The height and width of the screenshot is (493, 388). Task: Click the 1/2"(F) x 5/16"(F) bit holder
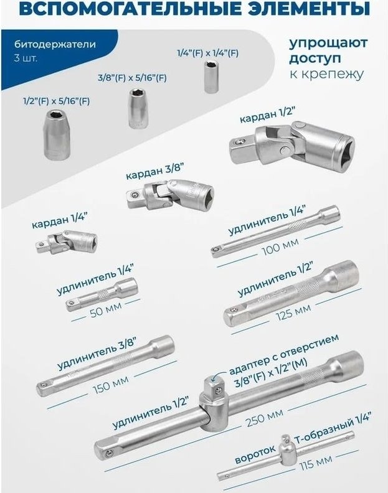click(56, 134)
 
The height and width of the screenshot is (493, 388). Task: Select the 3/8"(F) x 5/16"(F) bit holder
click(138, 108)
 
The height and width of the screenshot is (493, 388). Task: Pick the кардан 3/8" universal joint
click(171, 195)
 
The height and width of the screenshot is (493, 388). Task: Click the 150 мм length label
click(111, 385)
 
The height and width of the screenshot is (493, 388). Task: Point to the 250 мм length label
click(265, 418)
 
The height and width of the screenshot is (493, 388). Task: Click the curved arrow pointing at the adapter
click(217, 373)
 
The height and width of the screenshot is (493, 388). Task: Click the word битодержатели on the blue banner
click(55, 44)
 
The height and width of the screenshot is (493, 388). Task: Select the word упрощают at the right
click(328, 43)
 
